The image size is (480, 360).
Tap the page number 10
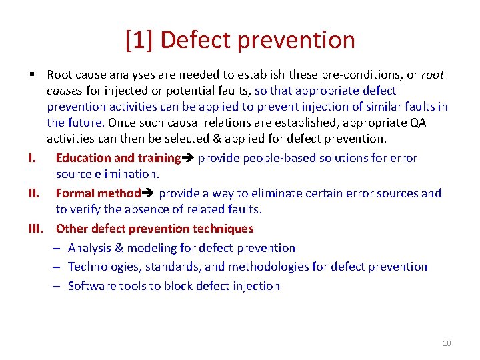click(x=446, y=343)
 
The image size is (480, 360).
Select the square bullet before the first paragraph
click(x=32, y=75)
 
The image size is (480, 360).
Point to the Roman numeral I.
click(x=32, y=158)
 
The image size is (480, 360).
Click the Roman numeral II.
click(x=33, y=193)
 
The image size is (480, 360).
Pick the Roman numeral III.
click(x=35, y=229)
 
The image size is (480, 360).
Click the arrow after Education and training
click(x=189, y=158)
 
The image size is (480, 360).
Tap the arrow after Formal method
click(x=149, y=193)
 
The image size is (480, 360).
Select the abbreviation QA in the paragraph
click(x=437, y=123)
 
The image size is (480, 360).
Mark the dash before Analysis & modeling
click(x=58, y=248)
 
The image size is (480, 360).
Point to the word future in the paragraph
click(x=85, y=123)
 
